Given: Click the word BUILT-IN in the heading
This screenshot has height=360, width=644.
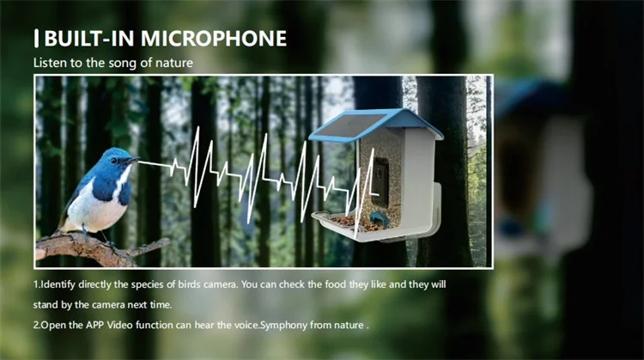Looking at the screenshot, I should point(83,39).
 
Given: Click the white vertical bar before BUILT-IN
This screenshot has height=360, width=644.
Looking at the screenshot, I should point(36,39).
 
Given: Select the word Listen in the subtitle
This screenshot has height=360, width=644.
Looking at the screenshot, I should point(48,63).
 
